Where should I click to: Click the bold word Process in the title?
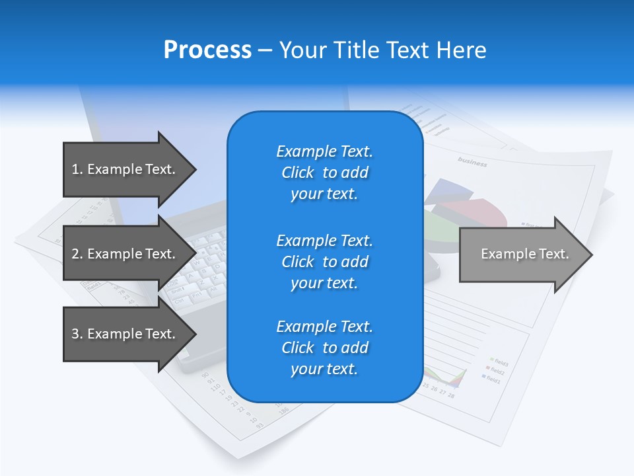[x=207, y=50]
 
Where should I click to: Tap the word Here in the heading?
[x=460, y=50]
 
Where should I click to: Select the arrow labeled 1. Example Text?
[x=125, y=169]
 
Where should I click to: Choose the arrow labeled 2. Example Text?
[x=125, y=254]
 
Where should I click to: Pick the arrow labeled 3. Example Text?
[x=125, y=334]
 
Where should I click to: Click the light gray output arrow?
[x=522, y=255]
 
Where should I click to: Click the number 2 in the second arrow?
[x=75, y=254]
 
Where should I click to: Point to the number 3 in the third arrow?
[x=75, y=334]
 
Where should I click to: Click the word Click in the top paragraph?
[x=298, y=173]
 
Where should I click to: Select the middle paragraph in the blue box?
[x=324, y=262]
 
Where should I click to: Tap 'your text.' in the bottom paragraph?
[x=324, y=369]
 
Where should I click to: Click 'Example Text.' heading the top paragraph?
[x=324, y=151]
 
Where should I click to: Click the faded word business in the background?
[x=472, y=162]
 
